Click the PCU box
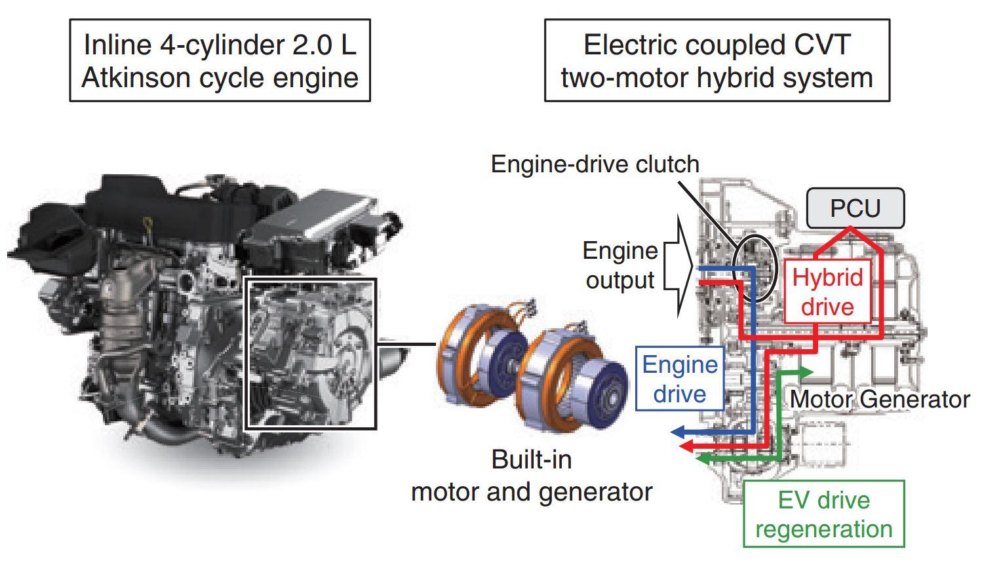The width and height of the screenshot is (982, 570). tap(855, 208)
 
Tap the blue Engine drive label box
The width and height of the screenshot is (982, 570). tap(680, 379)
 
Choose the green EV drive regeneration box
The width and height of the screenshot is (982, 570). tap(824, 514)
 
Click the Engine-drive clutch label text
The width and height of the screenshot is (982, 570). tap(595, 164)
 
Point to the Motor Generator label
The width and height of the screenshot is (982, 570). tap(880, 400)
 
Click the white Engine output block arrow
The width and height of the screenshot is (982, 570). tap(678, 267)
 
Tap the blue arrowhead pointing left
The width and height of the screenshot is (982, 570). tap(677, 432)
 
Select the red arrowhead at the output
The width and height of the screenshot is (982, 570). tap(686, 446)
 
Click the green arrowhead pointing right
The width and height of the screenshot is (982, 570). tap(805, 372)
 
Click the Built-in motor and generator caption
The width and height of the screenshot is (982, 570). tap(532, 476)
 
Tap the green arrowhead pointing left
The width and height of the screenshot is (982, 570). tap(703, 459)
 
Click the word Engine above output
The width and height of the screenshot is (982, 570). tap(620, 252)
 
